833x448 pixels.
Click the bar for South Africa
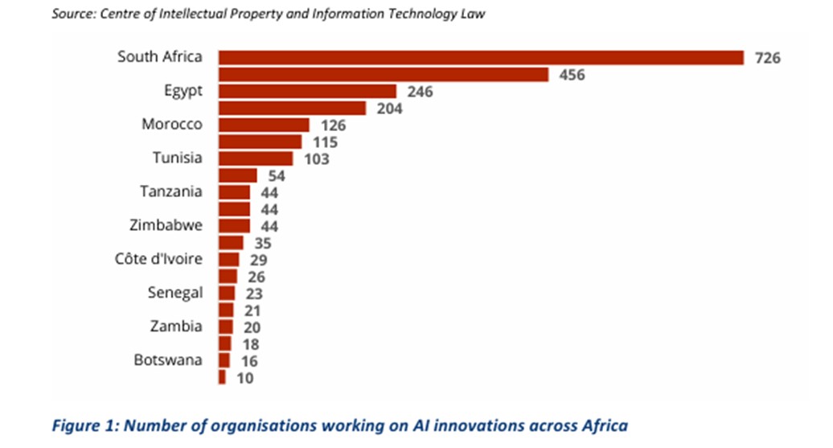point(481,57)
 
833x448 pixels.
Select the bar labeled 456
point(384,75)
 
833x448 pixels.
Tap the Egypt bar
point(308,92)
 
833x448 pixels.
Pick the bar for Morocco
point(264,125)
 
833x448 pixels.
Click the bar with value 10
point(222,376)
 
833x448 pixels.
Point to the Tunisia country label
point(178,158)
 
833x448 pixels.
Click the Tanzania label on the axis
point(170,191)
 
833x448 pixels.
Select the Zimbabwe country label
point(166,225)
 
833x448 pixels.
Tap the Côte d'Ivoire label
point(158,259)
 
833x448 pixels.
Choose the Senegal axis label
point(174,293)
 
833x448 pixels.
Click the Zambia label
point(176,327)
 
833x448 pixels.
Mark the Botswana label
point(168,360)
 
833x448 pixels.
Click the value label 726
point(768,58)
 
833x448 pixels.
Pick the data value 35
point(260,243)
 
